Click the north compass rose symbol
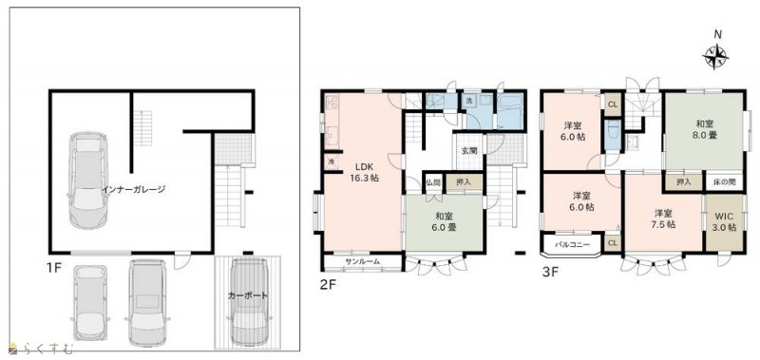point(715,57)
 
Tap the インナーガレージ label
point(134,189)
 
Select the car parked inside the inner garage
point(88,180)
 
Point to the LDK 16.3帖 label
point(364,172)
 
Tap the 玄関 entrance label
point(468,151)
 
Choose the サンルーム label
point(363,261)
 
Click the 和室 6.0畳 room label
point(445,221)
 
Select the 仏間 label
point(433,183)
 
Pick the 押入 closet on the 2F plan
point(465,182)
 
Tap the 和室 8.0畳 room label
point(703,129)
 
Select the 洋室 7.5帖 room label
point(663,219)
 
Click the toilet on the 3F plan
point(613,133)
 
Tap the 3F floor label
point(551,272)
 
